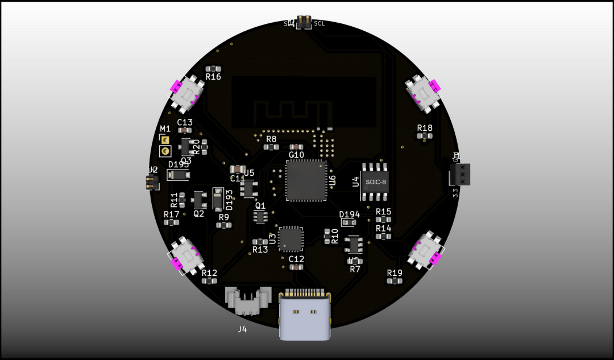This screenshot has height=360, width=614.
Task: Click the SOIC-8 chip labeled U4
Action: [x=374, y=182]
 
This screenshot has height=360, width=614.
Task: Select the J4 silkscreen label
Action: [x=242, y=329]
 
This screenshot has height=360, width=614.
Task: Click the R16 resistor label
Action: [x=213, y=77]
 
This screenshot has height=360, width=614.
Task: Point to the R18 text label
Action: [x=425, y=128]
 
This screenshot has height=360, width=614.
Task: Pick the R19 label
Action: [x=395, y=273]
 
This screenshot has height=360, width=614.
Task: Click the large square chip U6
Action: [x=306, y=180]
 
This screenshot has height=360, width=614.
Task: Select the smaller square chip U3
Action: [x=291, y=239]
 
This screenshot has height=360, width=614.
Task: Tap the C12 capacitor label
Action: [x=296, y=259]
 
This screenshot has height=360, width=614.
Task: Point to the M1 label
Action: [x=165, y=129]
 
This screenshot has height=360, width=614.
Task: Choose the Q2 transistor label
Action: [x=198, y=214]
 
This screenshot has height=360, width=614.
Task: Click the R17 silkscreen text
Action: [x=171, y=214]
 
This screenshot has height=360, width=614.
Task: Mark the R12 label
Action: [x=209, y=272]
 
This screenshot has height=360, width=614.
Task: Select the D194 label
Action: [x=350, y=214]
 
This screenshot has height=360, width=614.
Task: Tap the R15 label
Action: [x=383, y=212]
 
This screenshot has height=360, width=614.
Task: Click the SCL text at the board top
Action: [x=320, y=23]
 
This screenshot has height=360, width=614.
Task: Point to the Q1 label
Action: [x=260, y=205]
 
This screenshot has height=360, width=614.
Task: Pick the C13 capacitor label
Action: [x=185, y=122]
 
